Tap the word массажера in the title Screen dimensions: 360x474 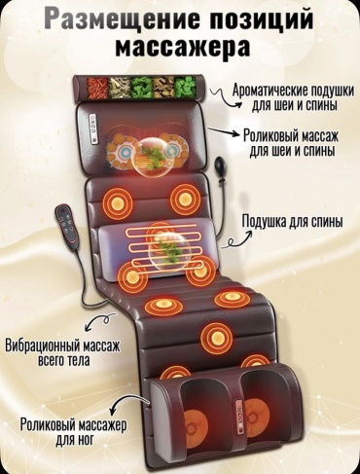tap(183, 47)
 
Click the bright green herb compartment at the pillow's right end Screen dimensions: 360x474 tap(186, 87)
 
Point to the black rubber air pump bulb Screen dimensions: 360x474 tap(218, 166)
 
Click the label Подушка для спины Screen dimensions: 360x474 tap(293, 222)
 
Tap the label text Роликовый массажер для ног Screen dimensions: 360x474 tap(74, 432)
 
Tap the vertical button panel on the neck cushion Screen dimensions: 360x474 tap(94, 129)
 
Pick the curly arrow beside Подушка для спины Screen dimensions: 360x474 tap(240, 239)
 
